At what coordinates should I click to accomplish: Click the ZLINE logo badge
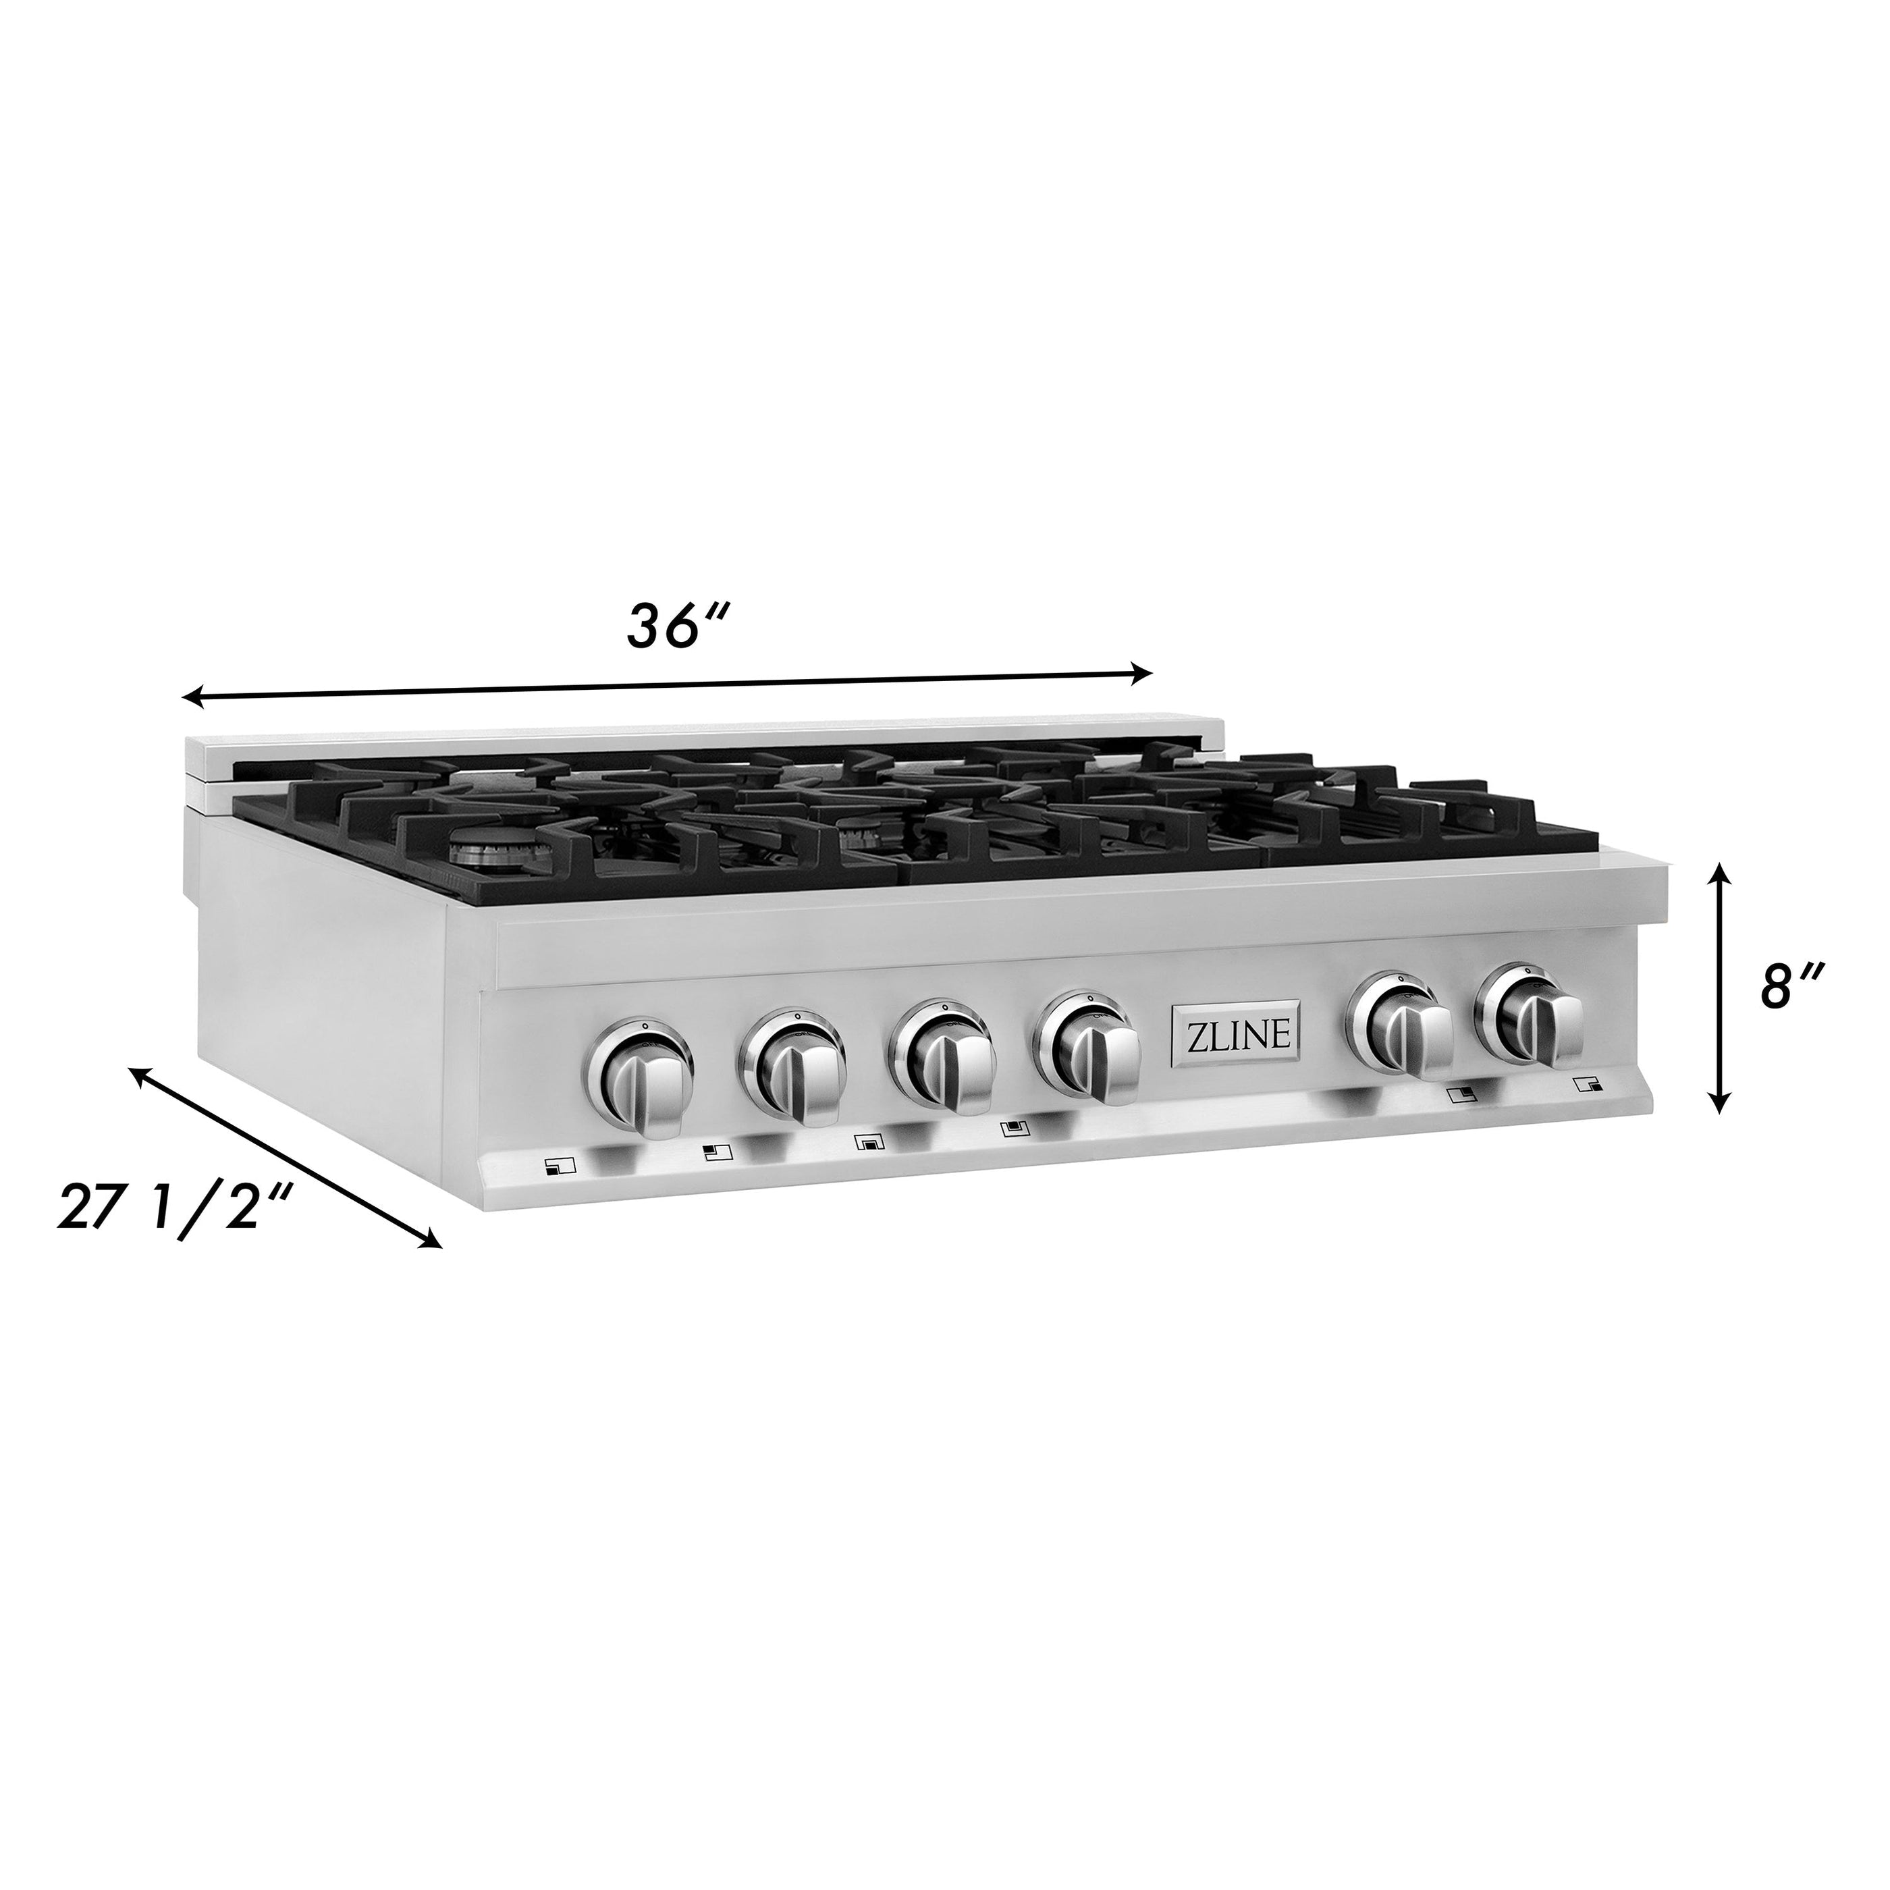tap(1237, 1038)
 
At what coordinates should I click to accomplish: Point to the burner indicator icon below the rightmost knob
tap(1588, 1084)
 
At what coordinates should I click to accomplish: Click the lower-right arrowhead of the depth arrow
tap(431, 1241)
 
